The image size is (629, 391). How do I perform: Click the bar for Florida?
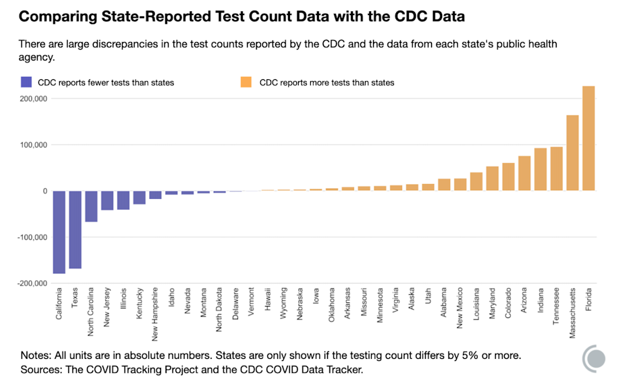pyautogui.click(x=588, y=139)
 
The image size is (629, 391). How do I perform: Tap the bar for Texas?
pyautogui.click(x=75, y=229)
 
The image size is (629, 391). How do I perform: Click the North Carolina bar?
pyautogui.click(x=91, y=206)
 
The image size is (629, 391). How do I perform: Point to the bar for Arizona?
pyautogui.click(x=525, y=173)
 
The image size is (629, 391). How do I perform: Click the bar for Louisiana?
pyautogui.click(x=476, y=181)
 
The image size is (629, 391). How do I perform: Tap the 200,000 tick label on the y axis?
pyautogui.click(x=31, y=99)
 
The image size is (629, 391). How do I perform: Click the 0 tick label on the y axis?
pyautogui.click(x=44, y=191)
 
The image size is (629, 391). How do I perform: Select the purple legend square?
pyautogui.click(x=26, y=82)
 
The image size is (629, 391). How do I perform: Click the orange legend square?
pyautogui.click(x=247, y=82)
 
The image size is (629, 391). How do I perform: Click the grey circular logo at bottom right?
pyautogui.click(x=594, y=358)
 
